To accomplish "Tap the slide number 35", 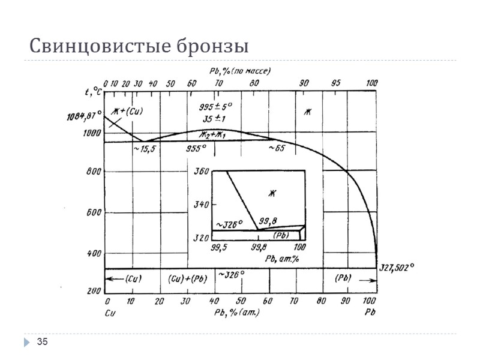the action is point(42,342).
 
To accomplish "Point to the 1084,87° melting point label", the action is point(83,117).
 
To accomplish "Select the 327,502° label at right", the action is point(397,268).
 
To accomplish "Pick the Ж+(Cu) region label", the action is point(127,111).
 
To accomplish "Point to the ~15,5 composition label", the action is point(143,148).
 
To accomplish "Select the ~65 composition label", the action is point(277,148).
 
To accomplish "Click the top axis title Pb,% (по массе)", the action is point(240,70).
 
